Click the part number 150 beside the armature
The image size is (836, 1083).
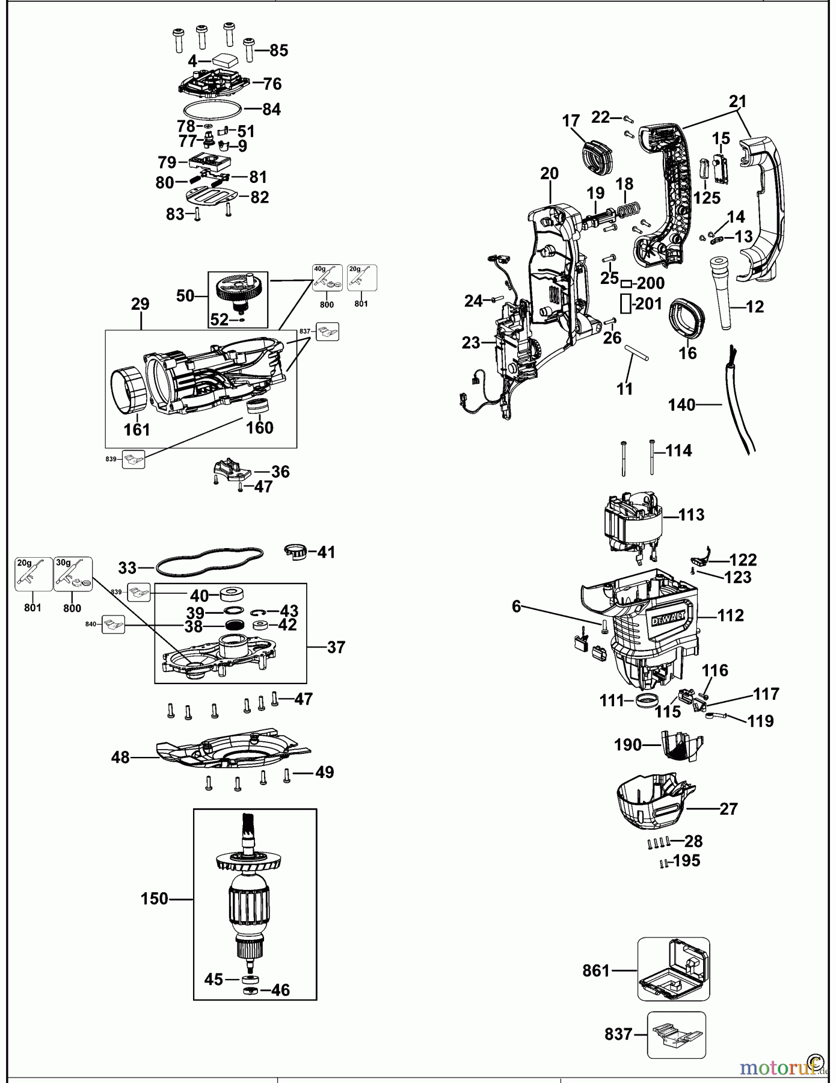(154, 899)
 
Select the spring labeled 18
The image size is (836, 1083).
(627, 212)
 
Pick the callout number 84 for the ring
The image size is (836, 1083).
(271, 110)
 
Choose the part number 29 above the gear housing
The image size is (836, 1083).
(140, 304)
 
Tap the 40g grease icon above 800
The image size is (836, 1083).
(327, 278)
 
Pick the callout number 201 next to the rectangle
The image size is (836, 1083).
(648, 304)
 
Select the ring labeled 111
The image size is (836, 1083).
(645, 700)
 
